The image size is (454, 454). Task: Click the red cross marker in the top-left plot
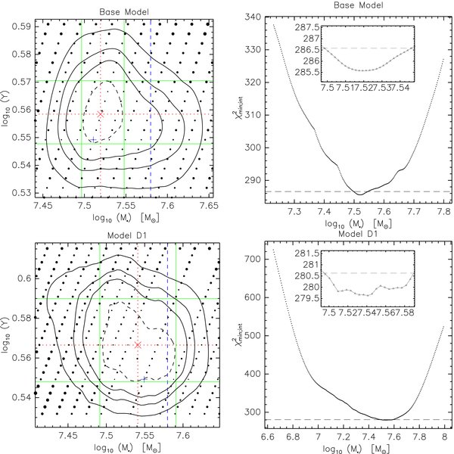point(101,113)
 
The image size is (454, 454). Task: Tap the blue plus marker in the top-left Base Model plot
point(93,141)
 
